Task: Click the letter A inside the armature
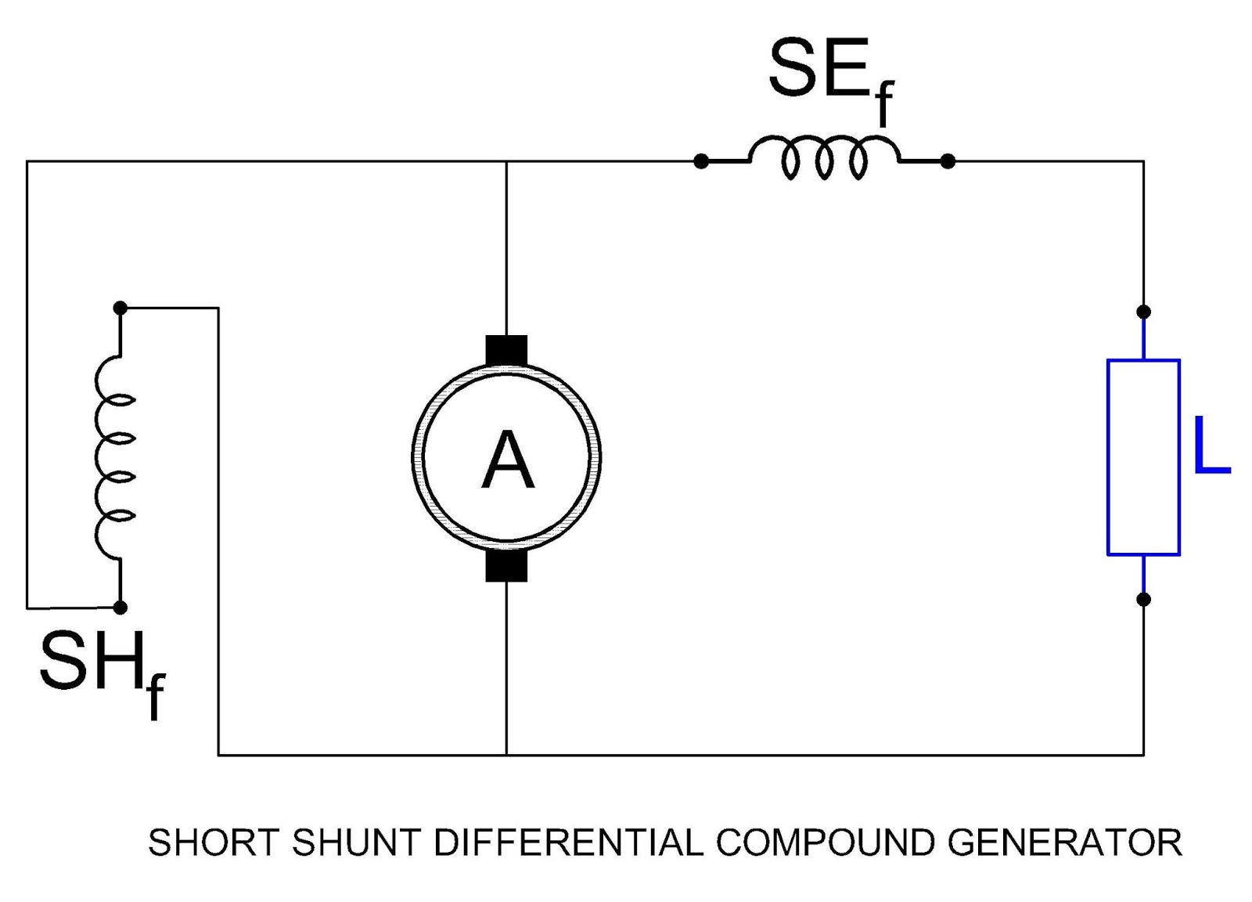[x=507, y=460]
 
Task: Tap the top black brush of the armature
[x=506, y=350]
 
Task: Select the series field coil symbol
[x=824, y=158]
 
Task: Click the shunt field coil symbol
[x=114, y=458]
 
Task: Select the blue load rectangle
[x=1142, y=457]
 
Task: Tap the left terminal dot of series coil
[x=701, y=161]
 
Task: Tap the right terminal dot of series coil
[x=948, y=161]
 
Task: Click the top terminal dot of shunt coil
[x=120, y=308]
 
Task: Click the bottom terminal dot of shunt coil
[x=120, y=607]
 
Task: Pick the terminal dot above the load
[x=1143, y=312]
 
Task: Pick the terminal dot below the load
[x=1143, y=600]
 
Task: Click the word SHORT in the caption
[x=214, y=843]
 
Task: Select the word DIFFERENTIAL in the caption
[x=568, y=843]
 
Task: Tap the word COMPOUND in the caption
[x=825, y=843]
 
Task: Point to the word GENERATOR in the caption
[x=1065, y=843]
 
